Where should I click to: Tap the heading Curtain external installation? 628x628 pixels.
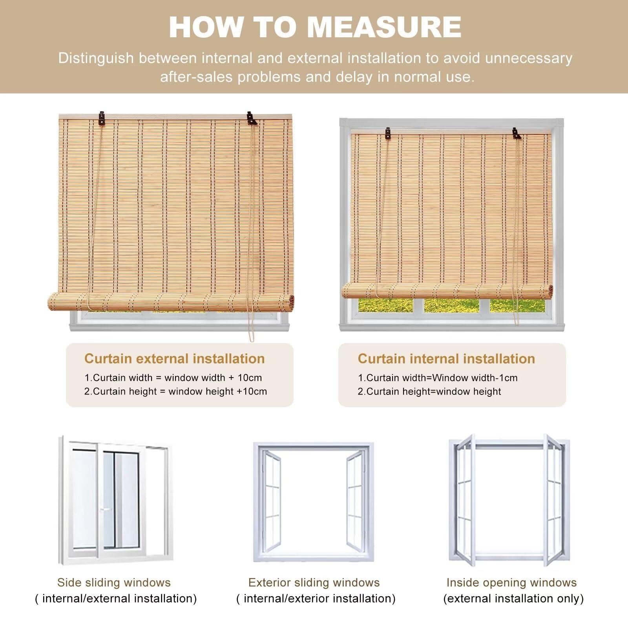pos(175,358)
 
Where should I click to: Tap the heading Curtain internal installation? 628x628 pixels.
pos(446,358)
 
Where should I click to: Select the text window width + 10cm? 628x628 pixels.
pos(213,378)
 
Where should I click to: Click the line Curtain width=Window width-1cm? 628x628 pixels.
pos(438,378)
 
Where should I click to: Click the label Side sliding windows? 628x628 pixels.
pos(114,582)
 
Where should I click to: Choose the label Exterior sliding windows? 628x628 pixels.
pos(314,582)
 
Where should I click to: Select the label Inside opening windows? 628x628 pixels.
pos(511,582)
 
